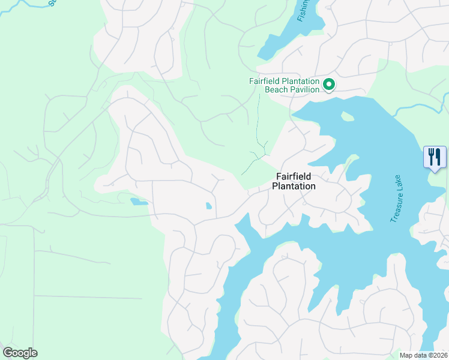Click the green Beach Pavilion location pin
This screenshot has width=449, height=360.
point(328,85)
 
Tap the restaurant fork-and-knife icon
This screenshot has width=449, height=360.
point(435,157)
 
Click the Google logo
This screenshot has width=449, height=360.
point(20,353)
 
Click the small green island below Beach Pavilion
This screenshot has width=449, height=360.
point(346,116)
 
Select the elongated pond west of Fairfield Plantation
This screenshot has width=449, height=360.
point(138,202)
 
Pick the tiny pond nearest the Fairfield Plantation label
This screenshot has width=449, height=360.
point(208,206)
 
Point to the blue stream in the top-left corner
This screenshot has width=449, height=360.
point(24,4)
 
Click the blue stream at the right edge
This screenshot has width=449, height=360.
point(420,106)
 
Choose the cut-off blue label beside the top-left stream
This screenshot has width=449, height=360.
point(52,2)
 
